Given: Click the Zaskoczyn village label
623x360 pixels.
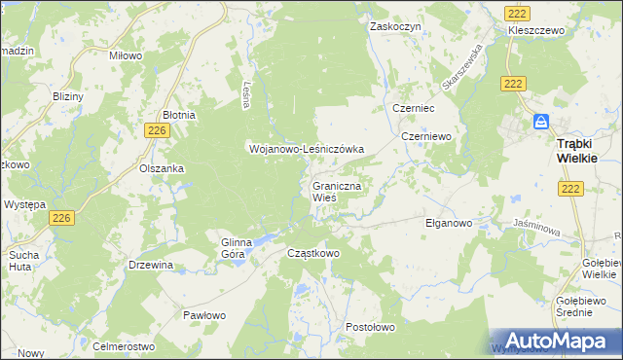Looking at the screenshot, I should [394, 27].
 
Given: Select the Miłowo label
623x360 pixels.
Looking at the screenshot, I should [126, 56].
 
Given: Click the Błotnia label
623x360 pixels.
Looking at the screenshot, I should [178, 115].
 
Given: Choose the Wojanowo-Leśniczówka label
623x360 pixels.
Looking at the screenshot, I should [306, 149].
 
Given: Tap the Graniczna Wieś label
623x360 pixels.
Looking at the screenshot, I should [337, 191].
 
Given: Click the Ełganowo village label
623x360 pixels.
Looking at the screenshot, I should [449, 223].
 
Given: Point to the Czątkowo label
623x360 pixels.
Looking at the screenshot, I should [313, 253].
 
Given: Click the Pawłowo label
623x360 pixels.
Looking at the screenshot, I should [204, 315].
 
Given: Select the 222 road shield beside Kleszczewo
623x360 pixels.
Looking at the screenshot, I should [516, 10].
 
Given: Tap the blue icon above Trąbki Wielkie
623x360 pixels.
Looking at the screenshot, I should [541, 123].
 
